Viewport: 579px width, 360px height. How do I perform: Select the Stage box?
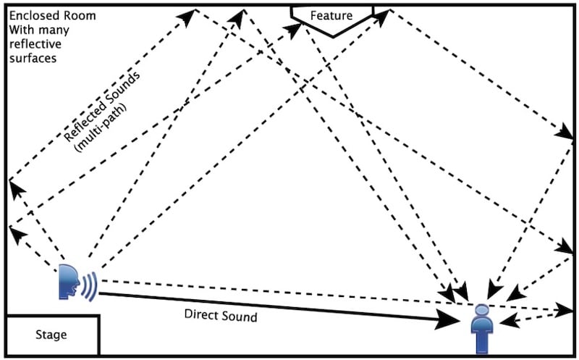click(51, 335)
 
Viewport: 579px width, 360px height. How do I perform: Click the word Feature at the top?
click(331, 15)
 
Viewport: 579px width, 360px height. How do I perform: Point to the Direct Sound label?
click(221, 316)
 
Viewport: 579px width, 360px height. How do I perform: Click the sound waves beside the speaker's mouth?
click(89, 285)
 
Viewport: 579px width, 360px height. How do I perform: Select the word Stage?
click(51, 335)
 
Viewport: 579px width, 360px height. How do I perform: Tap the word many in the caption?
click(48, 30)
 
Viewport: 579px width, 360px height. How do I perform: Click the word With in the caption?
click(20, 30)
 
